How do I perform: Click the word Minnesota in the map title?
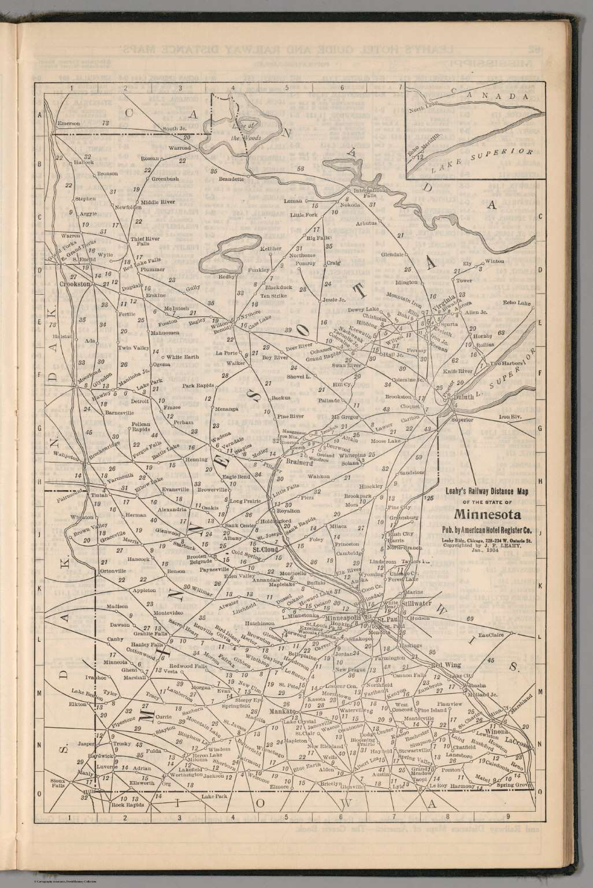488,514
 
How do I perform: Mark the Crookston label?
76,284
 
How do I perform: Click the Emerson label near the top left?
67,123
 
